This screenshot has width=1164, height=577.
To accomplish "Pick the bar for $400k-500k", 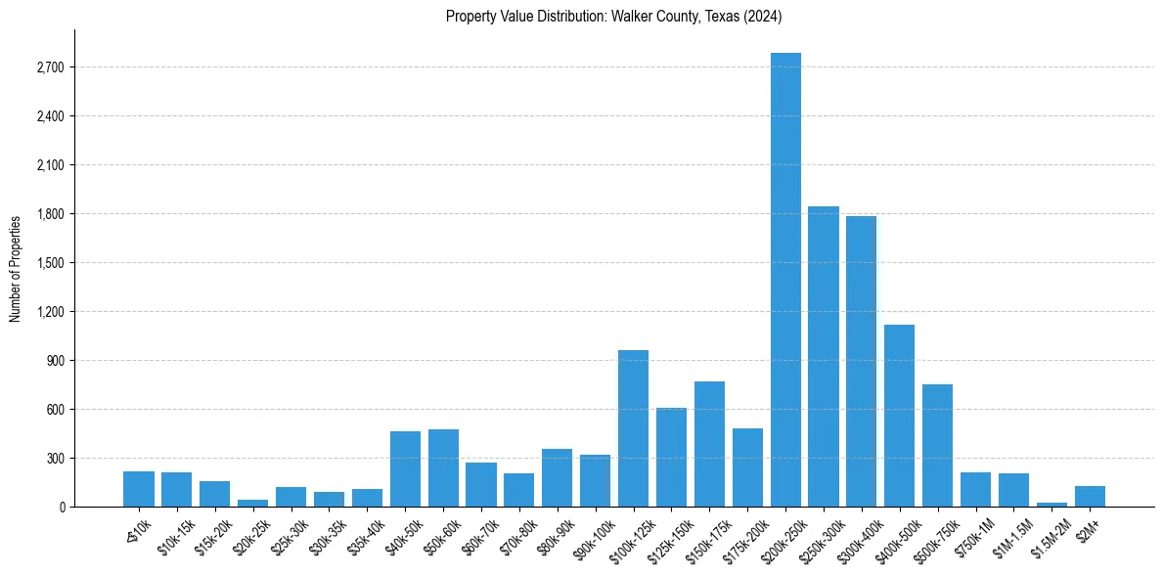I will pyautogui.click(x=899, y=416).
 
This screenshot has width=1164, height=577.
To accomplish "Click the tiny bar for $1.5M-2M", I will pyautogui.click(x=1052, y=504).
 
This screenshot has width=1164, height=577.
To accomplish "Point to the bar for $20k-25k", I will pyautogui.click(x=252, y=503).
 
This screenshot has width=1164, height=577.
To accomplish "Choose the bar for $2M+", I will pyautogui.click(x=1090, y=496).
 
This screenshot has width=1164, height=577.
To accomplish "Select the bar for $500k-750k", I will pyautogui.click(x=937, y=445).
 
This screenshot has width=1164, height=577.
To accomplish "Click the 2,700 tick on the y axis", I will pyautogui.click(x=50, y=67).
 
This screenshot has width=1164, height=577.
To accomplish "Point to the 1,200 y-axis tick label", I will pyautogui.click(x=50, y=312).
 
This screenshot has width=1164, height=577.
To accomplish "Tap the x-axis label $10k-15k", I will pyautogui.click(x=176, y=537).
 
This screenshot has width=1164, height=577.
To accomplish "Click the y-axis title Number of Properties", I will pyautogui.click(x=16, y=269).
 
